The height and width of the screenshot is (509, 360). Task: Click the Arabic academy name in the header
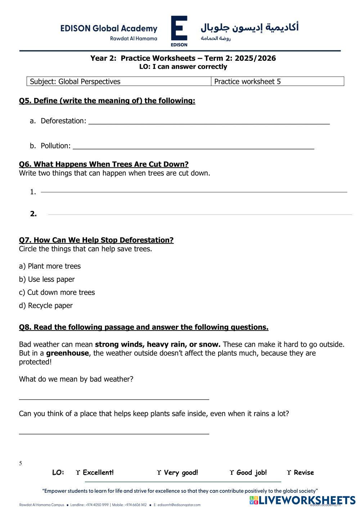click(249, 27)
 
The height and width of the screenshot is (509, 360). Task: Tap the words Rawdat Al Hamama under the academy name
click(134, 39)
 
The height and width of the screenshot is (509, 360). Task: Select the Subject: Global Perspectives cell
click(75, 81)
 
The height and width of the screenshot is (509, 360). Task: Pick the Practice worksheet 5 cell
click(247, 81)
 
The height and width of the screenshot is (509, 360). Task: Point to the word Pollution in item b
click(55, 146)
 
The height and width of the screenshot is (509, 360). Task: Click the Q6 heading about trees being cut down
click(104, 164)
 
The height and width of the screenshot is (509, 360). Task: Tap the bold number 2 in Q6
click(33, 214)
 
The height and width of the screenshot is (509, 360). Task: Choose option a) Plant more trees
click(50, 266)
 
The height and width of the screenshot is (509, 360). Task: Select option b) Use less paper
click(47, 279)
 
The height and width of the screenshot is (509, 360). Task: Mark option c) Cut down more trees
click(57, 292)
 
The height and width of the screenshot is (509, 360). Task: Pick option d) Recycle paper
click(46, 306)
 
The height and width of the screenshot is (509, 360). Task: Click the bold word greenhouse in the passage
click(67, 353)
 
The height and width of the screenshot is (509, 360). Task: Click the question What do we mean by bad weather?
click(76, 379)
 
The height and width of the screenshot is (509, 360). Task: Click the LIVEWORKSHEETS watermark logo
click(302, 500)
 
